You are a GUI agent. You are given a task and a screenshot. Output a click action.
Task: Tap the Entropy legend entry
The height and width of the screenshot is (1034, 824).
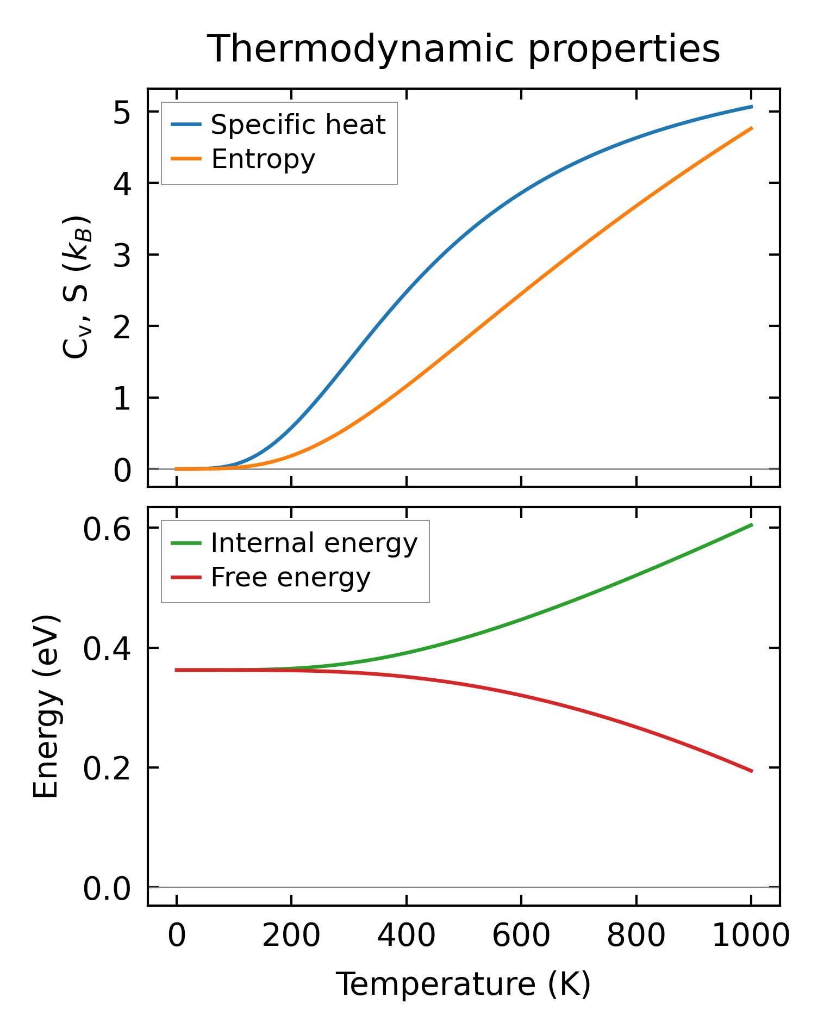pyautogui.click(x=263, y=159)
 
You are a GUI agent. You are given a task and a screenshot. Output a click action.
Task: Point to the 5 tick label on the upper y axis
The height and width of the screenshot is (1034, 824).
pyautogui.click(x=122, y=113)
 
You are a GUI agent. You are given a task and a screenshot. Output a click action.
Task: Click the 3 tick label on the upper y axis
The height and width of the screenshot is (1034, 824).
pyautogui.click(x=122, y=256)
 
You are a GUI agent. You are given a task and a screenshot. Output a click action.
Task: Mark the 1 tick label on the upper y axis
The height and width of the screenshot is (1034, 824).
pyautogui.click(x=122, y=399)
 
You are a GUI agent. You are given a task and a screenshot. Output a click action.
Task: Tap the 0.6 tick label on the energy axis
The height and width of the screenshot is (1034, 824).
pyautogui.click(x=107, y=529)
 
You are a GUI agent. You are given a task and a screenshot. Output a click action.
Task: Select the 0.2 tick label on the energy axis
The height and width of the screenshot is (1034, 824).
pyautogui.click(x=107, y=769)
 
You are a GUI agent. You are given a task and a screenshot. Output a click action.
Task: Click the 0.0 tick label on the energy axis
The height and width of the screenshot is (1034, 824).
pyautogui.click(x=107, y=889)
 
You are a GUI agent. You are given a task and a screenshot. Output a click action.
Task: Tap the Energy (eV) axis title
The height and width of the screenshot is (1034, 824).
pyautogui.click(x=46, y=706)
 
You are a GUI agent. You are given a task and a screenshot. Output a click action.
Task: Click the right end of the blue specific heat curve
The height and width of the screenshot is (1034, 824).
pyautogui.click(x=751, y=107)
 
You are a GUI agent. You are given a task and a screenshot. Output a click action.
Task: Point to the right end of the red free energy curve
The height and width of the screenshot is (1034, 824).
pyautogui.click(x=751, y=771)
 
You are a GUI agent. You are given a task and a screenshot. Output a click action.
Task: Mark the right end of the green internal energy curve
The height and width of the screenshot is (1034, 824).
pyautogui.click(x=751, y=525)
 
